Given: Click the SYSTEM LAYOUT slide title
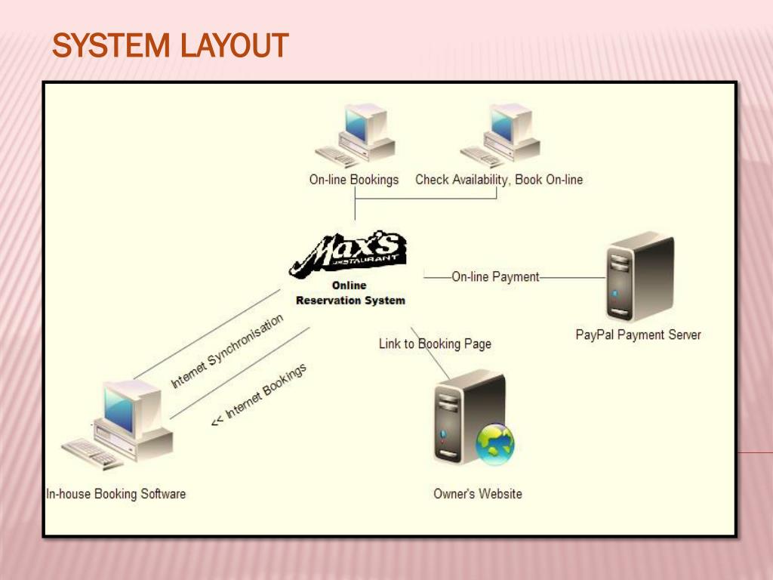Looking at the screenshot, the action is click(x=170, y=45).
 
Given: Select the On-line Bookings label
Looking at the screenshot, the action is click(x=354, y=180).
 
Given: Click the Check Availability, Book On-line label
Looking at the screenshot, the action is click(x=499, y=180).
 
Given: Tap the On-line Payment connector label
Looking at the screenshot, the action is click(x=495, y=276).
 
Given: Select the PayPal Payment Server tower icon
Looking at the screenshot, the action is click(x=640, y=277).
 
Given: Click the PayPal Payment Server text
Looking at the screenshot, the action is click(x=638, y=335).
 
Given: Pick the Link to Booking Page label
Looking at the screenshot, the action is click(x=435, y=344).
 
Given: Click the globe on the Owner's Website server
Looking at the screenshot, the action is click(x=495, y=444).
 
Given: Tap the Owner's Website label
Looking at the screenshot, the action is click(x=478, y=494).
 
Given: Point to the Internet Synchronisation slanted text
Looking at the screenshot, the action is click(x=226, y=350).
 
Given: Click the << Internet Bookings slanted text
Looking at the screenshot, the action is click(x=259, y=394).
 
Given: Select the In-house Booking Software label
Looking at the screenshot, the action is click(x=115, y=494).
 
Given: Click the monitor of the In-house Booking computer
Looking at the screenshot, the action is click(x=132, y=409).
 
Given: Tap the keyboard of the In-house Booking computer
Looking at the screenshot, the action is click(x=91, y=453).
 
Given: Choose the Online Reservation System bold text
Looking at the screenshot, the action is click(x=350, y=293).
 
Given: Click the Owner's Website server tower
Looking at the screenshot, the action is click(x=470, y=417).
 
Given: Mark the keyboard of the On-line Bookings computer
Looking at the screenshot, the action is click(x=337, y=157).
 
